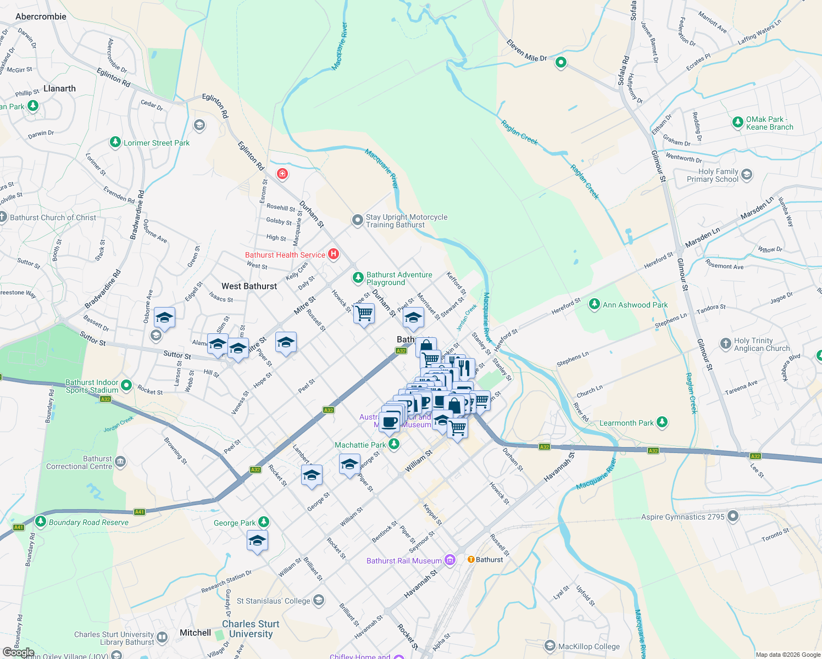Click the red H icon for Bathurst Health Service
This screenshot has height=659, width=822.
click(x=333, y=254)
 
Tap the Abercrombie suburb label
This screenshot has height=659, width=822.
click(x=41, y=16)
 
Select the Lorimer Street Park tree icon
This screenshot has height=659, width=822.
click(x=115, y=143)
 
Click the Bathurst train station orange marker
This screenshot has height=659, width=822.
click(x=471, y=560)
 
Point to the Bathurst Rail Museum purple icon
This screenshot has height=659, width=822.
click(x=450, y=560)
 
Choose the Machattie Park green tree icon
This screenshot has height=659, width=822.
click(x=394, y=444)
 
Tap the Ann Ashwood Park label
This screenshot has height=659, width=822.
click(x=635, y=305)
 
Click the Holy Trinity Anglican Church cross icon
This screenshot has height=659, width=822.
click(x=726, y=344)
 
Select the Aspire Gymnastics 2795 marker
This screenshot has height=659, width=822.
click(x=733, y=516)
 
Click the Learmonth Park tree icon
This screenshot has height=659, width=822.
click(x=662, y=422)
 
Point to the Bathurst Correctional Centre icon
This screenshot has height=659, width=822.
click(x=120, y=462)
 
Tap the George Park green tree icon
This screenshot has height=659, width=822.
click(x=264, y=522)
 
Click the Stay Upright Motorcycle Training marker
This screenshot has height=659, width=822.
click(x=358, y=221)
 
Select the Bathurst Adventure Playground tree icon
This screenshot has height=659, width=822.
click(x=358, y=278)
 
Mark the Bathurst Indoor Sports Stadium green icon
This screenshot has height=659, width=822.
click(x=126, y=386)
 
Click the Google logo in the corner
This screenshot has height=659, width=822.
click(x=18, y=652)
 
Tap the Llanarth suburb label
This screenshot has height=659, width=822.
click(x=59, y=88)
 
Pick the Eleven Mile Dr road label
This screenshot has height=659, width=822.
click(x=526, y=51)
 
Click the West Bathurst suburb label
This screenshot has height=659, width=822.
click(x=249, y=286)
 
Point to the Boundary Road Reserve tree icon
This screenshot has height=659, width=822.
click(x=40, y=521)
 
